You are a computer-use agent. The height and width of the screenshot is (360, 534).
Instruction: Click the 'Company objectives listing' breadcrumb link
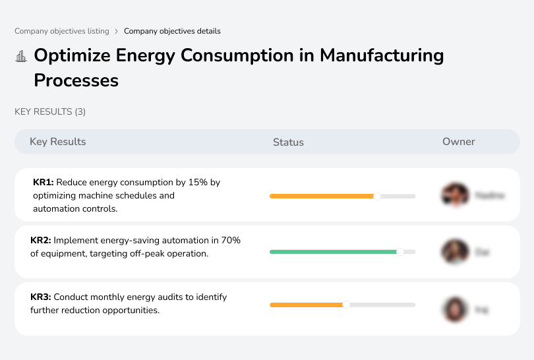[x=62, y=31]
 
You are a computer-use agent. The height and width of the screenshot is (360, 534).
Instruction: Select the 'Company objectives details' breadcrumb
[x=172, y=31]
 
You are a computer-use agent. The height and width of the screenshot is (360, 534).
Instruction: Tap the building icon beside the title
[x=21, y=56]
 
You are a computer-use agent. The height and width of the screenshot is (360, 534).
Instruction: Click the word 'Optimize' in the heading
[x=72, y=55]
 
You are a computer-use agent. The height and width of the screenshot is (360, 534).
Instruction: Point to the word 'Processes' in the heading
[x=76, y=80]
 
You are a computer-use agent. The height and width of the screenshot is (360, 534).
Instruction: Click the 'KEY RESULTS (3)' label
[x=50, y=112]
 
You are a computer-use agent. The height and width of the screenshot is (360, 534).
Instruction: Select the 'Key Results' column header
[x=57, y=142]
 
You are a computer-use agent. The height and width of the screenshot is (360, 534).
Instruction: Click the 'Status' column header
[x=288, y=142]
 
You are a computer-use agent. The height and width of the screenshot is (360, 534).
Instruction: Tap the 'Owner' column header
[x=459, y=142]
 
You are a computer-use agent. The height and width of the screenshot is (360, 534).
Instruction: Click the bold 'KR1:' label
[x=43, y=182]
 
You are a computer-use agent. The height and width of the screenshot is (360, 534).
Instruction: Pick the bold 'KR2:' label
[x=41, y=241]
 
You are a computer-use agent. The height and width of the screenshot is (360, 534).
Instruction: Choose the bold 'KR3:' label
[x=41, y=297]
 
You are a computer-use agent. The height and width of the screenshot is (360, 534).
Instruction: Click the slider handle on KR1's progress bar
[x=377, y=196]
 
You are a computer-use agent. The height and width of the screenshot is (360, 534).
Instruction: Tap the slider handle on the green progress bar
[x=400, y=252]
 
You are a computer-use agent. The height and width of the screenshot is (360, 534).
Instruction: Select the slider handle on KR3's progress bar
[x=346, y=305]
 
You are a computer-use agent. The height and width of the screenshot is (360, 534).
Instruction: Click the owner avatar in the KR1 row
[x=454, y=195]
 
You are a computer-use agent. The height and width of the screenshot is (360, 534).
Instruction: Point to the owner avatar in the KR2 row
[x=454, y=252]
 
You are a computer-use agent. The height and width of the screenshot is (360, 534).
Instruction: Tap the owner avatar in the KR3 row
[x=454, y=309]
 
